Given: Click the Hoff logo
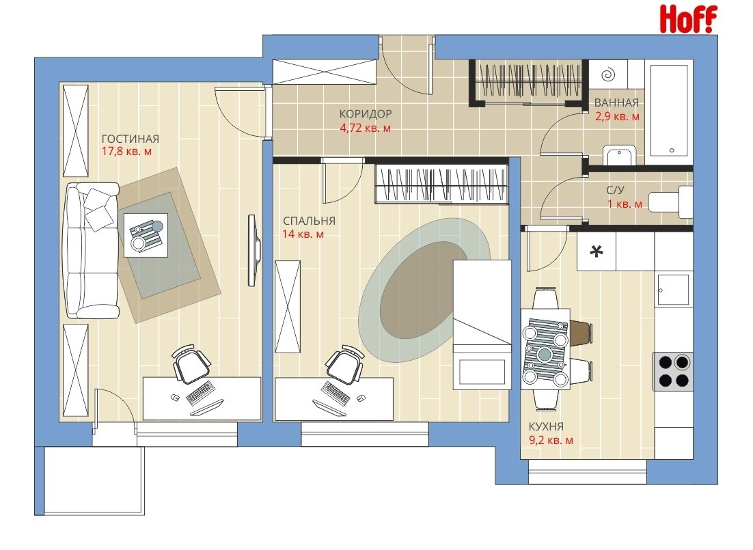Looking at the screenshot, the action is (688, 19).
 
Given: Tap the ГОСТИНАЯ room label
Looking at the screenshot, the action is (130, 139).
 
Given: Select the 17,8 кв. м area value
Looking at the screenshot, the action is (127, 152).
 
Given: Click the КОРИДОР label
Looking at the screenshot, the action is (366, 114).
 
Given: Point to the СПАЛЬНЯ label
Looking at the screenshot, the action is (309, 221).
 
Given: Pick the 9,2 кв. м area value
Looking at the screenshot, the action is (551, 440).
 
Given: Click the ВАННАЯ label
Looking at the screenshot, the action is (616, 102).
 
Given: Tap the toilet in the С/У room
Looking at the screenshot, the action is (670, 202).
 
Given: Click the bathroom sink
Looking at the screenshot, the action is (620, 155).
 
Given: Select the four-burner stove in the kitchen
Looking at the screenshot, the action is (672, 371).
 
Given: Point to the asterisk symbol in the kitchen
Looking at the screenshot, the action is (596, 251).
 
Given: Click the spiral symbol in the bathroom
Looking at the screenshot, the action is (608, 74).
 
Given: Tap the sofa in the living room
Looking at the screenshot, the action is (92, 250).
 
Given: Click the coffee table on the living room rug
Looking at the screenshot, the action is (146, 235).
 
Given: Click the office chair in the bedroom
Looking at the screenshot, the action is (344, 363).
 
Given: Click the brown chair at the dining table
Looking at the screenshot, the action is (581, 333).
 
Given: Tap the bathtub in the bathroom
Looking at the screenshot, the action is (671, 109).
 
